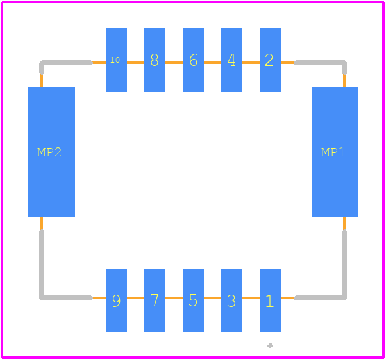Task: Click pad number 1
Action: click(x=270, y=300)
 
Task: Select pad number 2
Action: click(x=270, y=60)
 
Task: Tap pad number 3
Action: click(x=231, y=300)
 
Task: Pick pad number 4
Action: click(x=231, y=60)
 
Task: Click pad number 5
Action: click(x=193, y=300)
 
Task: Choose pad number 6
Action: click(x=193, y=60)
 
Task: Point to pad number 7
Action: click(x=155, y=300)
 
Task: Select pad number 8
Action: click(x=155, y=60)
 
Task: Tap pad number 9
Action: click(x=117, y=300)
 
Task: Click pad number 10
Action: click(x=117, y=60)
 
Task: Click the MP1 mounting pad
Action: click(x=335, y=152)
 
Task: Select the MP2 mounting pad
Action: click(x=52, y=152)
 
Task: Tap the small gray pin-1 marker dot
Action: click(x=270, y=345)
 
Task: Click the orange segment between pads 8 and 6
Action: click(x=174, y=63)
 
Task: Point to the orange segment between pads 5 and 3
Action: click(x=212, y=298)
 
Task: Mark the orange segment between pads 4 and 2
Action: click(x=251, y=63)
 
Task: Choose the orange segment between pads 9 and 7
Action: click(x=136, y=298)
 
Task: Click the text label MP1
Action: click(x=333, y=152)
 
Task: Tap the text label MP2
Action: click(x=49, y=152)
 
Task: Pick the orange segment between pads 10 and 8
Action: click(x=136, y=63)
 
